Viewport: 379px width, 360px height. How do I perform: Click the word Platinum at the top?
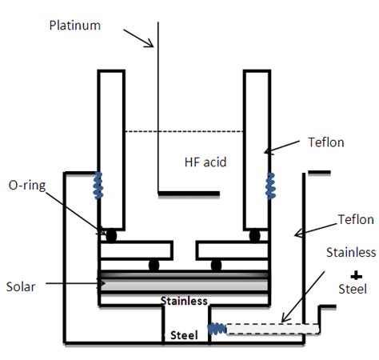pyautogui.click(x=75, y=25)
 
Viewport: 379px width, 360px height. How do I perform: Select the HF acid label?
pyautogui.click(x=205, y=162)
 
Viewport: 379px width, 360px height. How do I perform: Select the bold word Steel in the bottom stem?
pyautogui.click(x=184, y=335)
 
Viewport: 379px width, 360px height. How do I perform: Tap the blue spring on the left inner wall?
pyautogui.click(x=98, y=185)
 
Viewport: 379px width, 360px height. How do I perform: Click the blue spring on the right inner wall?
pyautogui.click(x=269, y=185)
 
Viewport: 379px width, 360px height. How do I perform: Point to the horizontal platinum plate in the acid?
pyautogui.click(x=189, y=193)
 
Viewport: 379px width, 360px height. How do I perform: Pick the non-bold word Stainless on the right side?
pyautogui.click(x=350, y=252)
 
